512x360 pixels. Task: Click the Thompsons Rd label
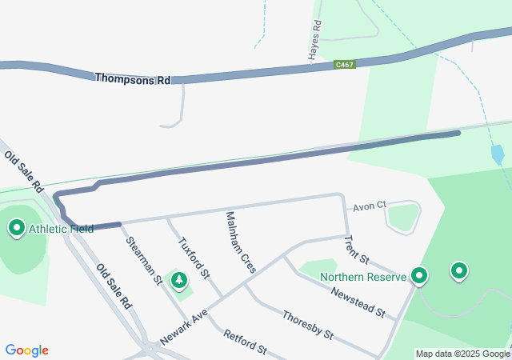pos(133,79)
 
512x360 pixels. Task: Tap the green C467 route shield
pos(346,64)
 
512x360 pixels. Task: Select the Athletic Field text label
pos(61,229)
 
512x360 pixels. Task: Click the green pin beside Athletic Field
pos(17,229)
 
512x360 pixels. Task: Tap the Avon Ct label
pos(370,205)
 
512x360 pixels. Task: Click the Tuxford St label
pos(194,258)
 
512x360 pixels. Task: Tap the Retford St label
pos(245,341)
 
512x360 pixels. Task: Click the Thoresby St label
pos(307,324)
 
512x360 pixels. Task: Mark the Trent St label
pos(356,250)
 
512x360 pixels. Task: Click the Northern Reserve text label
pos(364,278)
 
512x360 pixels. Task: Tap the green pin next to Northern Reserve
pos(418,276)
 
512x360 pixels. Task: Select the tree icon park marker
pos(178,280)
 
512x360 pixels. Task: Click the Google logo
pos(26,350)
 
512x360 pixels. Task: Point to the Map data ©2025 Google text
pos(462,354)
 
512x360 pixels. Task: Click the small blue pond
pos(498,154)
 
